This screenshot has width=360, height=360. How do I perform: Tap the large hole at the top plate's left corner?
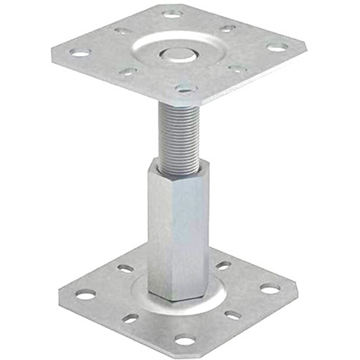80,52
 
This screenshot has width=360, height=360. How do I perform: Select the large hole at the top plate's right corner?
276,47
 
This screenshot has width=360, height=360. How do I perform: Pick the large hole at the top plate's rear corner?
172,13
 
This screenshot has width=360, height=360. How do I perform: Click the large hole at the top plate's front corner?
185,88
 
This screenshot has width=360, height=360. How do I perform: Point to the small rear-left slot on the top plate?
122,30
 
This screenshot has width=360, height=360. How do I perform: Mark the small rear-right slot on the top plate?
228,28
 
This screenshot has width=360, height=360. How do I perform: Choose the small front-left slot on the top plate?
128,71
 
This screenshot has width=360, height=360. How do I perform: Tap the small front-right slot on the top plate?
236,69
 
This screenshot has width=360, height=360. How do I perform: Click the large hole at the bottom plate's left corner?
84,294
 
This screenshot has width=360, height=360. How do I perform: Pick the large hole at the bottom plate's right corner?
269,288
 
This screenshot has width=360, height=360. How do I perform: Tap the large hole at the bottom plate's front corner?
184,339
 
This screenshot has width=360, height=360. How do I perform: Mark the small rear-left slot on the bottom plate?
126,268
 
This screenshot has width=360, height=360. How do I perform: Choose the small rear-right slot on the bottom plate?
223,265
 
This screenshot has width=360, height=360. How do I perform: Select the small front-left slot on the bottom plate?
130,318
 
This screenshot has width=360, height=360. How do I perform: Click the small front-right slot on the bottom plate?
232,315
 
